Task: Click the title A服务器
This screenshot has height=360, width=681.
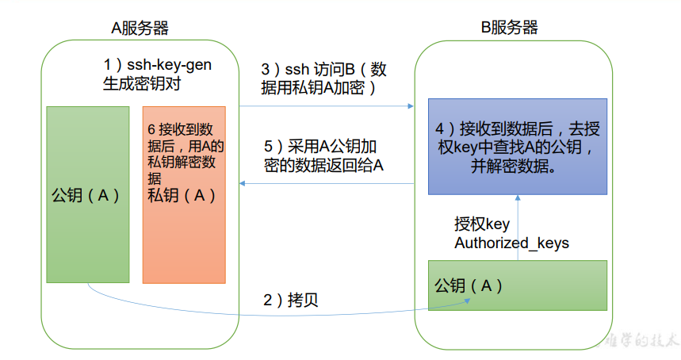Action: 140,29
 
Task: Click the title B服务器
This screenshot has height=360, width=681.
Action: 510,28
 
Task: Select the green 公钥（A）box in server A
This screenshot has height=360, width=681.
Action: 87,194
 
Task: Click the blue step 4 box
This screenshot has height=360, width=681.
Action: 517,147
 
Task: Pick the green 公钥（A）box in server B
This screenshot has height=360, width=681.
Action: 517,285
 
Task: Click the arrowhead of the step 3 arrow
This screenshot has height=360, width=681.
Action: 412,105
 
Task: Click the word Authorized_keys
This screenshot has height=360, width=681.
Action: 511,243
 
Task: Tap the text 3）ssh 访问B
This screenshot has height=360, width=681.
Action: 317,70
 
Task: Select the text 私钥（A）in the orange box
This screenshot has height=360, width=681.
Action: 182,194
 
